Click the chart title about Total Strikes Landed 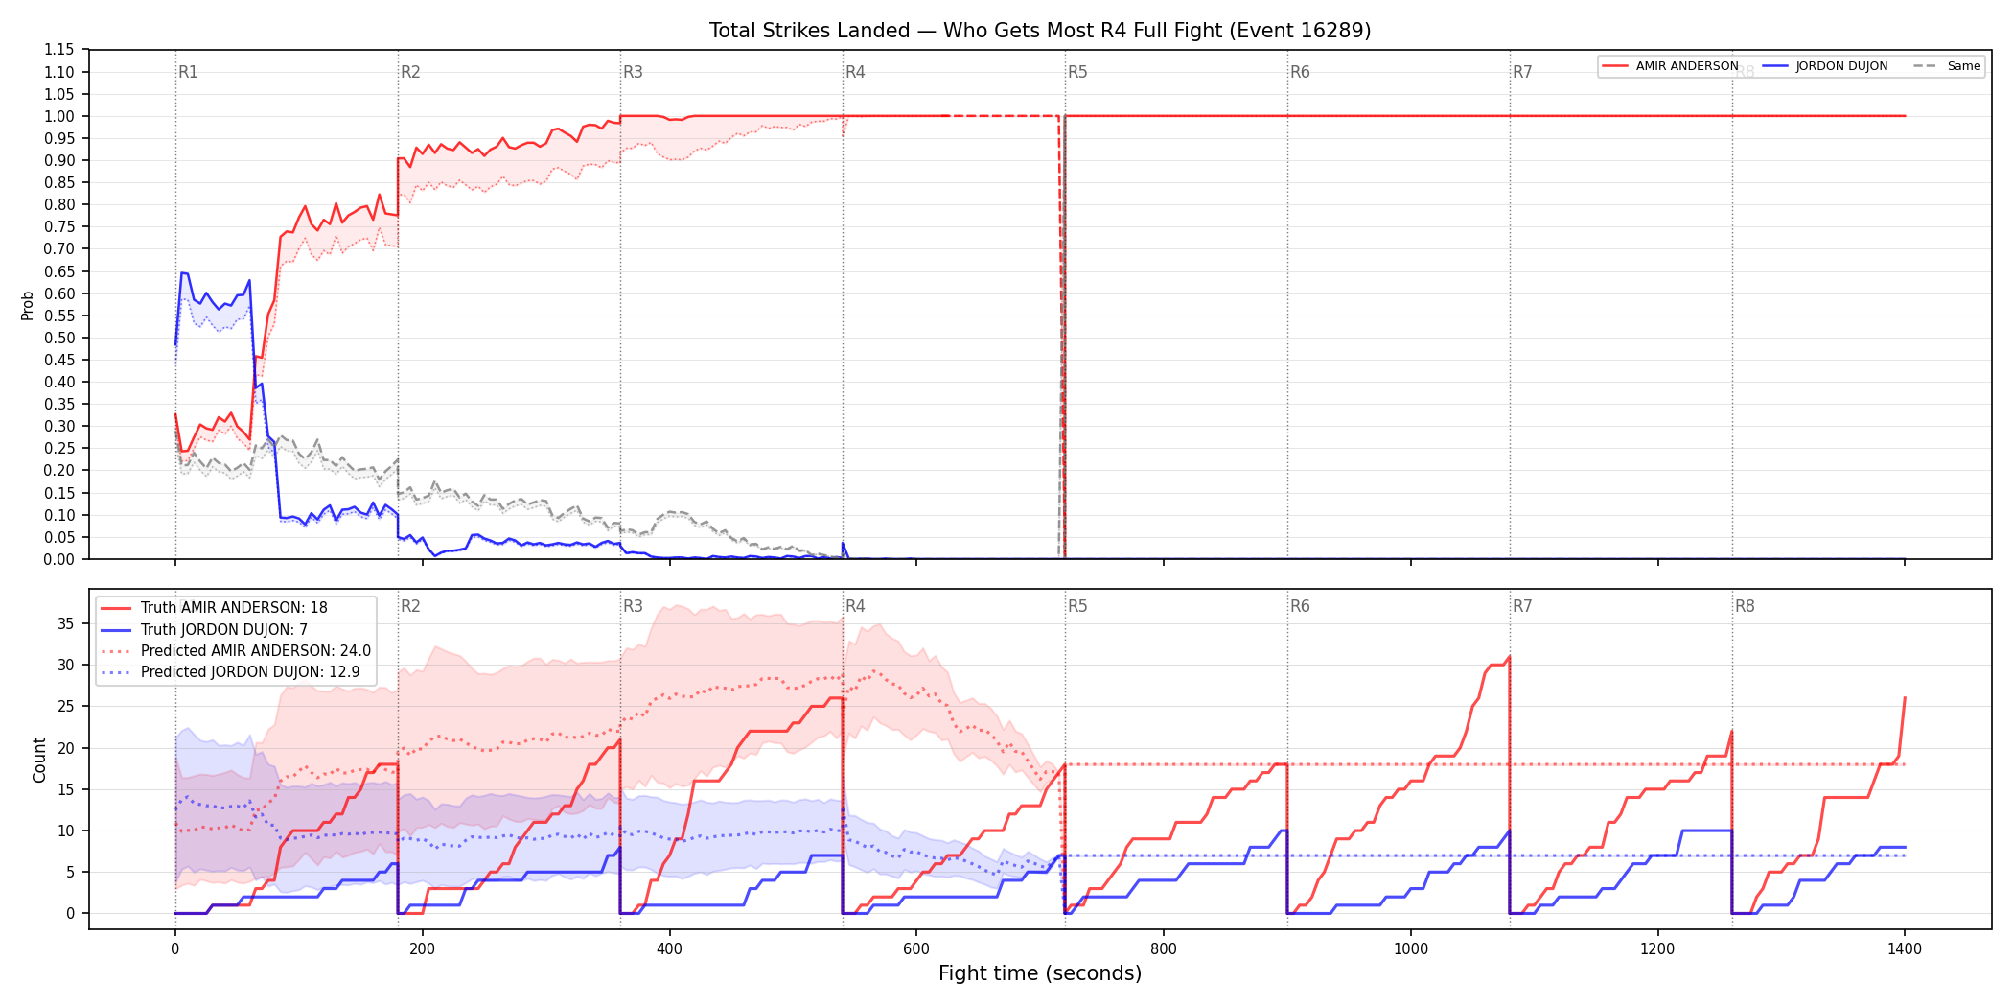(x=1040, y=31)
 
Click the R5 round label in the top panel (x=1077, y=72)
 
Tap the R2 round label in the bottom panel (x=410, y=606)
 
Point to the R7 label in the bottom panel (x=1522, y=606)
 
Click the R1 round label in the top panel (x=188, y=72)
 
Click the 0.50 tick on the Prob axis (x=59, y=338)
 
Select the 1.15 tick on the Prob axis (x=59, y=50)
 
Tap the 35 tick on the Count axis (x=65, y=623)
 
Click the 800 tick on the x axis (x=1164, y=949)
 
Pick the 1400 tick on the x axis (x=1905, y=949)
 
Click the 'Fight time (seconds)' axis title (x=1040, y=973)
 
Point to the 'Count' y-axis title (x=39, y=760)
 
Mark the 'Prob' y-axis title (x=27, y=305)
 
